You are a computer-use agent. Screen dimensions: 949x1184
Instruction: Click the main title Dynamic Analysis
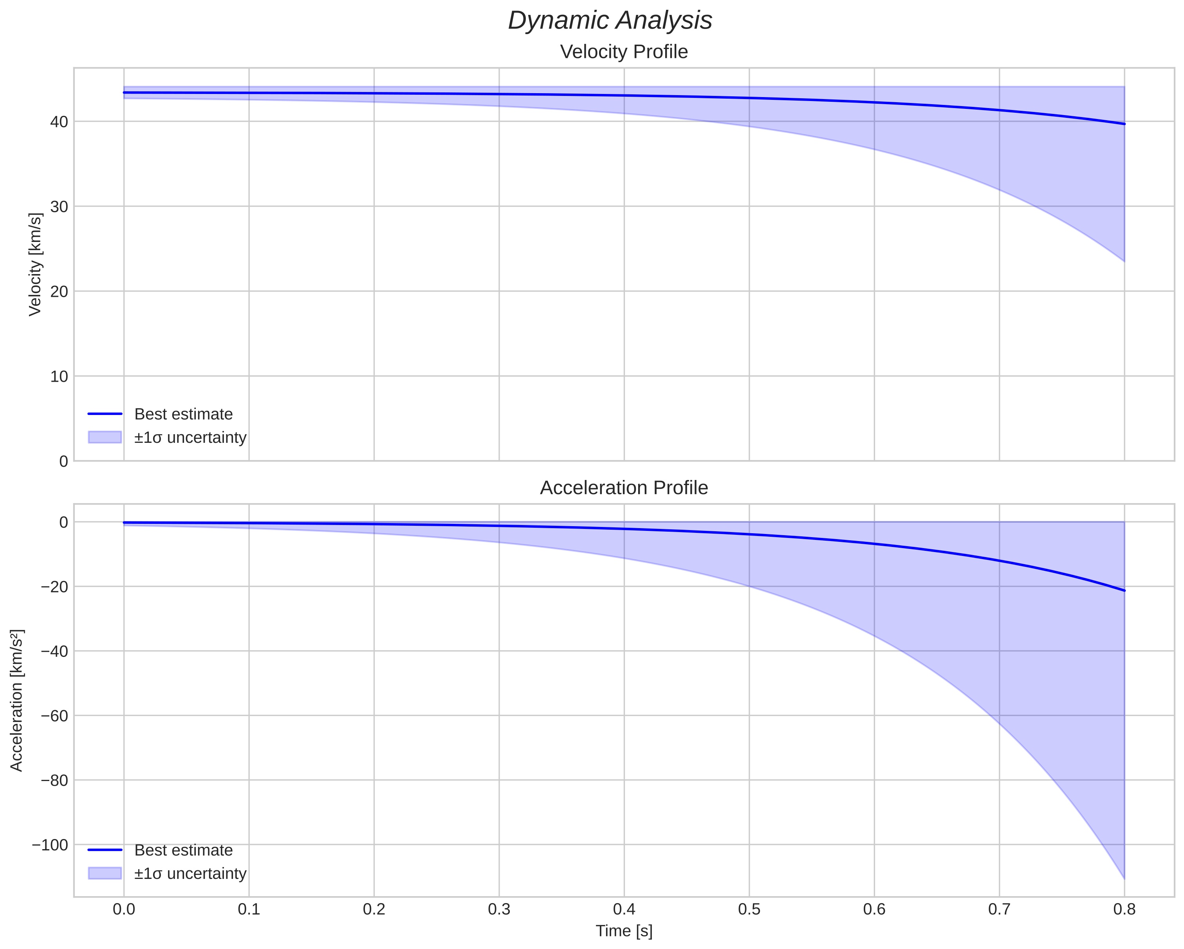point(610,21)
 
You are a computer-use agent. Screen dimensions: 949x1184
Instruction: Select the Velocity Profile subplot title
point(624,52)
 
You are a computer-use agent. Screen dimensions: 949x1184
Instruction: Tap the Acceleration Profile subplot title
point(624,488)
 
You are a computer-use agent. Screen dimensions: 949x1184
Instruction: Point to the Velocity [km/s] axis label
point(35,264)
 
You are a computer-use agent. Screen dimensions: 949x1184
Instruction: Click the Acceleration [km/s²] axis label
point(16,700)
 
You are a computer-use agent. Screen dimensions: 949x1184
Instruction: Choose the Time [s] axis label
point(624,931)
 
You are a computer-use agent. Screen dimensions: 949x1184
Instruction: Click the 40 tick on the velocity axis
point(59,122)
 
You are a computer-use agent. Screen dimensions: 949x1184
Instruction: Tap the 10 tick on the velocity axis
point(59,377)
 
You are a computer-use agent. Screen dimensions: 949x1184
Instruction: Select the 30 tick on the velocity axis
point(59,207)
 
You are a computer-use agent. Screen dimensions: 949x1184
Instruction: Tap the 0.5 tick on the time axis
point(749,909)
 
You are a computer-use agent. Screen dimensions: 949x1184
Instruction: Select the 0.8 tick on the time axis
point(1124,909)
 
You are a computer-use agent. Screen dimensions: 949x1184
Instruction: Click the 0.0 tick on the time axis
point(124,909)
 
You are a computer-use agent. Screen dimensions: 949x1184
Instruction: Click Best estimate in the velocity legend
point(183,414)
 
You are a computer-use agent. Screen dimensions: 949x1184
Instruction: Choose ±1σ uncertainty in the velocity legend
point(190,438)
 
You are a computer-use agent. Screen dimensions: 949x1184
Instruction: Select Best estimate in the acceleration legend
point(183,850)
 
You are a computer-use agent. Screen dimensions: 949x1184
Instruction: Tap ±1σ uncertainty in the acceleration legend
point(190,874)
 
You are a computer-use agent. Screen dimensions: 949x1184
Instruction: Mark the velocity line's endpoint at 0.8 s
point(1124,124)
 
